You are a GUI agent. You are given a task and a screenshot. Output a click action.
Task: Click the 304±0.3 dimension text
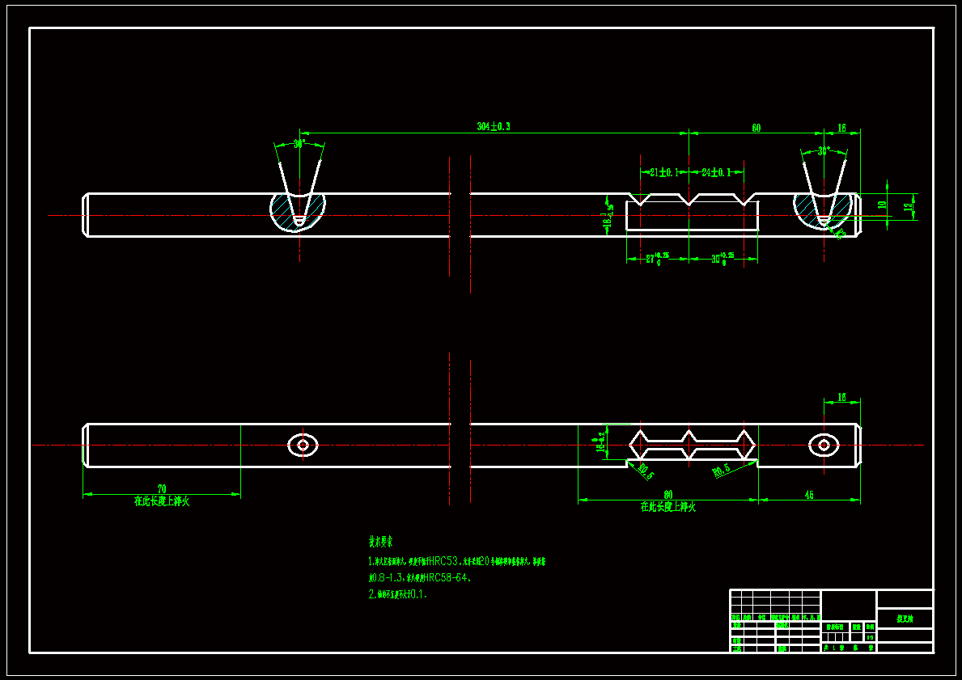494,127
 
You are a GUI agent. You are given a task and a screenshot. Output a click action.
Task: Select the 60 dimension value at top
756,128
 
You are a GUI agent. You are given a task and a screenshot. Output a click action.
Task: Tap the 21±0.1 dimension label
663,172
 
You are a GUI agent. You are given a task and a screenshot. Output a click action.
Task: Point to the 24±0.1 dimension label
716,172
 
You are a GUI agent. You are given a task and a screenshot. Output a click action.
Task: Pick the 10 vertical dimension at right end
883,205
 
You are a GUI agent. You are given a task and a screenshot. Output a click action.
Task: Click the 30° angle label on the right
824,151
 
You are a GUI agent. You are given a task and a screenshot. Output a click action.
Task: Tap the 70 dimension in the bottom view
162,488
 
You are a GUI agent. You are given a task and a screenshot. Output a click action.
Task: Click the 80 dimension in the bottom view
668,494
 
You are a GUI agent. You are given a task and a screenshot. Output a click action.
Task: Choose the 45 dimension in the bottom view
809,494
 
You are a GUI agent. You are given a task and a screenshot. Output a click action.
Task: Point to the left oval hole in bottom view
303,445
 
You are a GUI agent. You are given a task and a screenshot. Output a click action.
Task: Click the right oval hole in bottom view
824,444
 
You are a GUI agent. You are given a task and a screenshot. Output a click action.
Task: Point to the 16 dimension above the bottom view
841,397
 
